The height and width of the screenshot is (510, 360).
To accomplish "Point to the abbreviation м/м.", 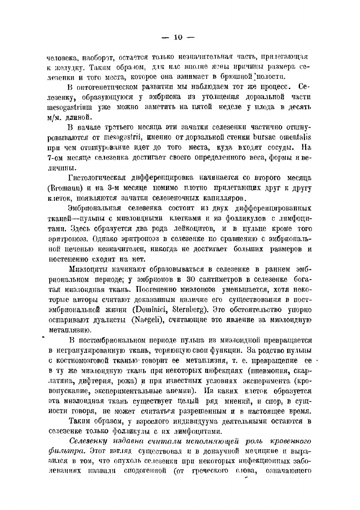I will (56, 116).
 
